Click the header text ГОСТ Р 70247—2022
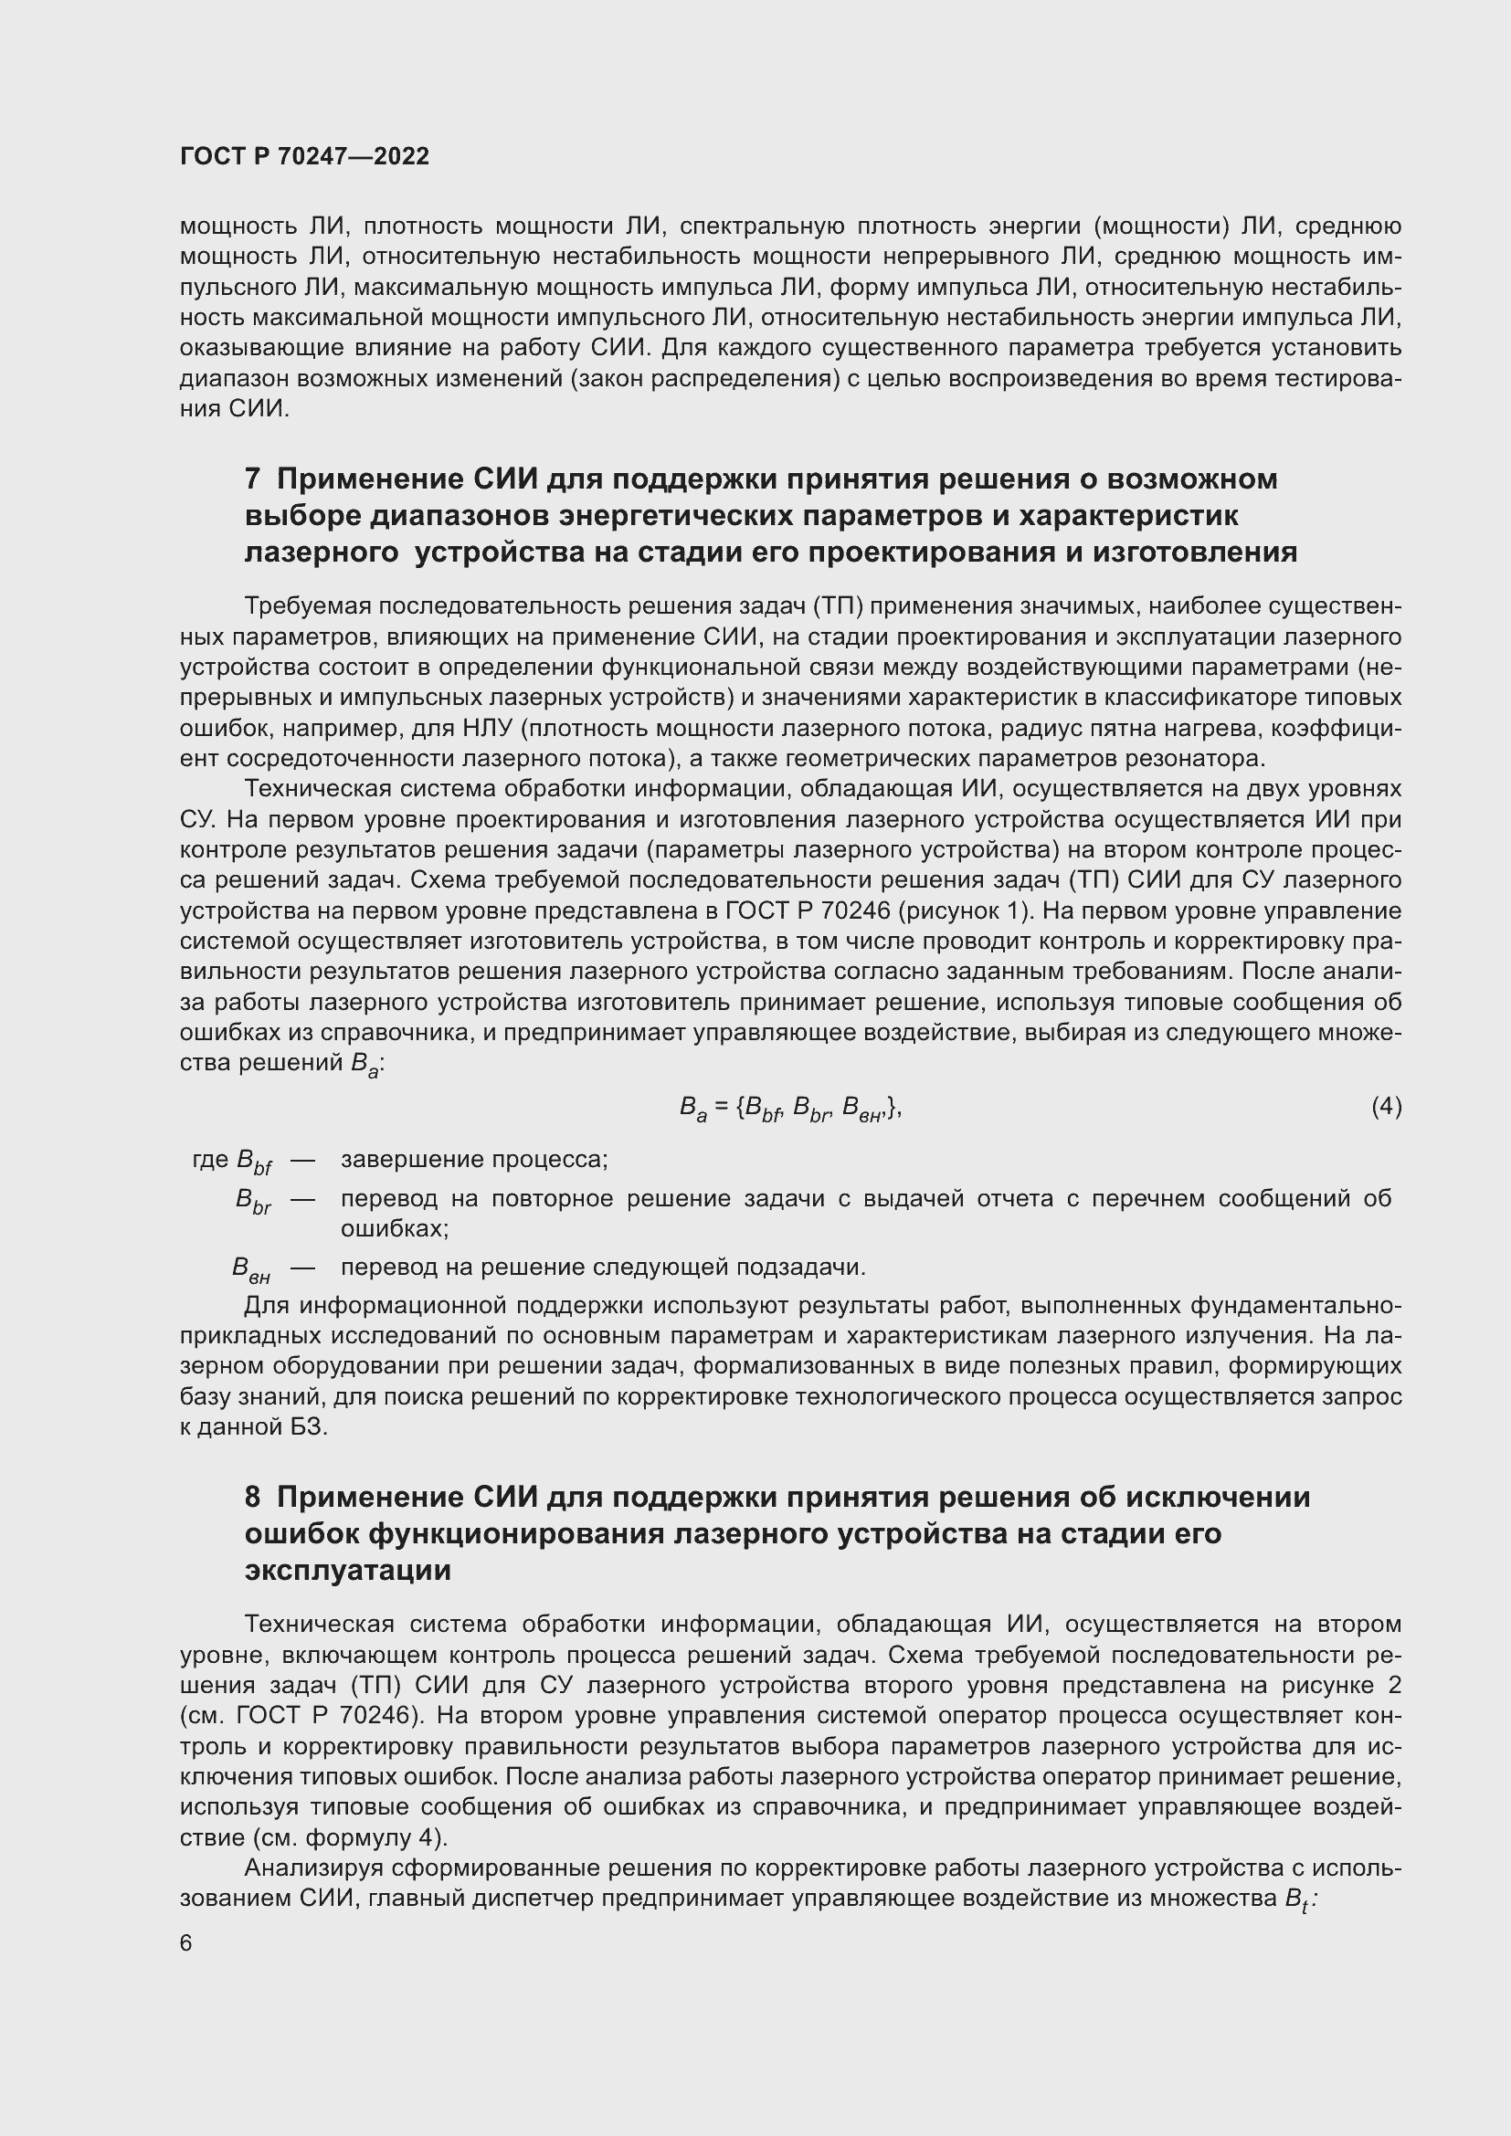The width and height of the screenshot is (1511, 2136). pos(304,156)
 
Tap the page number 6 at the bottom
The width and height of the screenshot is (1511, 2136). pos(186,1943)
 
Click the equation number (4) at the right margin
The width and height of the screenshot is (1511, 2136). pos(1386,1106)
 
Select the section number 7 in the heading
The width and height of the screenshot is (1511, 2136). pos(252,479)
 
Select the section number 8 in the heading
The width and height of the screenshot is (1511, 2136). pos(252,1497)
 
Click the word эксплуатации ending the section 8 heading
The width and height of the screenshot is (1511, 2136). pos(347,1571)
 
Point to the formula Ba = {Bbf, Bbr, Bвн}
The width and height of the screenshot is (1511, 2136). pos(790,1108)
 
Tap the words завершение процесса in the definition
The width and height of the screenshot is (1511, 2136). pos(474,1159)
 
